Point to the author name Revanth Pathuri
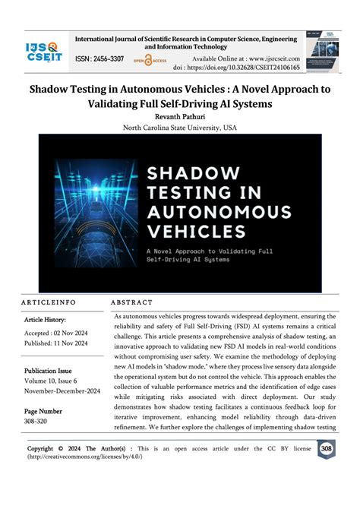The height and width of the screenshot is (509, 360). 180,117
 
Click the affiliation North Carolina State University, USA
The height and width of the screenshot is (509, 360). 180,128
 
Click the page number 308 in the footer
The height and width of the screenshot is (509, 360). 327,449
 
